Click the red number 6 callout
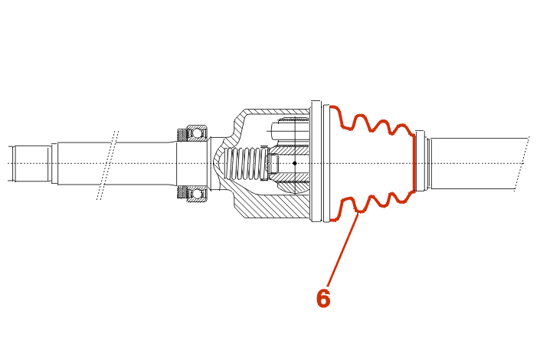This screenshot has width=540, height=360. tap(323, 298)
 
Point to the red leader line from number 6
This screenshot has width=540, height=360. tap(342, 250)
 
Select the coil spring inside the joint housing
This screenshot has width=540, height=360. tap(246, 163)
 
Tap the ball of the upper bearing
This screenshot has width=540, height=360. tap(197, 133)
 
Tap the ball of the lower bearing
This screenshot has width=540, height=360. tap(197, 194)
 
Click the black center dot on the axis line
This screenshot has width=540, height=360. tap(294, 163)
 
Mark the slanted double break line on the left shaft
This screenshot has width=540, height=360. tap(108, 165)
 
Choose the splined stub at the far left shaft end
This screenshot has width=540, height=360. tap(30, 163)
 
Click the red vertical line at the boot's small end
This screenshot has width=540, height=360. tap(414, 163)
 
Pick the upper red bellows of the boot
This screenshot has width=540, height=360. tap(371, 120)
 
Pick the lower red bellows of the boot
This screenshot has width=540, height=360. tap(371, 206)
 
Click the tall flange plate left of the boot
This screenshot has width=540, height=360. tap(316, 161)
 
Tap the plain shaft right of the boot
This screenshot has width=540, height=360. tap(479, 164)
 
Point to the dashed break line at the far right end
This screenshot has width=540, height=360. tap(522, 164)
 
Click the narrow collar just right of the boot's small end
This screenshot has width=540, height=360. tap(420, 161)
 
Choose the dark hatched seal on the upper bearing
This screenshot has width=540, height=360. tap(182, 136)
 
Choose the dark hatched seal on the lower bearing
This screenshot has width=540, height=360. tap(182, 192)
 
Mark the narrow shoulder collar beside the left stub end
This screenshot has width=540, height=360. tap(54, 163)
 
